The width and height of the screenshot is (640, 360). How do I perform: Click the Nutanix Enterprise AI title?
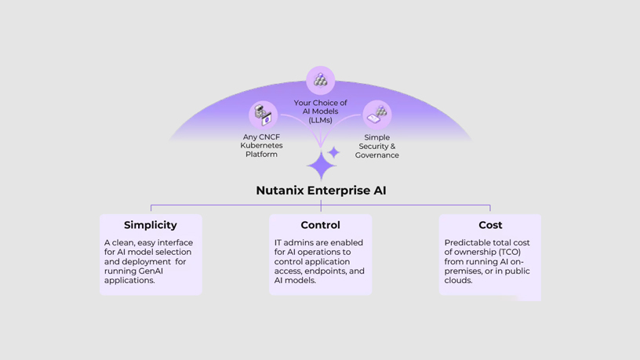[x=321, y=191]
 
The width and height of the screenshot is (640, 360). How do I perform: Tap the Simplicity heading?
[x=151, y=225]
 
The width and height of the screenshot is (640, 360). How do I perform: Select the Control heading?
[x=320, y=225]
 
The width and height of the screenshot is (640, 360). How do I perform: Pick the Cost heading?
[x=490, y=225]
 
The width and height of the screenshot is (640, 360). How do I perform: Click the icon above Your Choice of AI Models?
[x=320, y=80]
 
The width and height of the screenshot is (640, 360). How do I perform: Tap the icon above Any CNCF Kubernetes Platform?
[x=263, y=115]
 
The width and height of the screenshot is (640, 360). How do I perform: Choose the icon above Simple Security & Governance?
[x=377, y=115]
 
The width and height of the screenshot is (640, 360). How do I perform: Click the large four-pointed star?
[x=321, y=166]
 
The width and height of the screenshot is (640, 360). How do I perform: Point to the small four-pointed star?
[x=334, y=152]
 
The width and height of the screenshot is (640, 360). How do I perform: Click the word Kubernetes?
[x=261, y=146]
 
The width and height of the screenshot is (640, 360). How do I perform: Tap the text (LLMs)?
[x=320, y=120]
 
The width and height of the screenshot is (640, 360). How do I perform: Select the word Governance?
[x=377, y=155]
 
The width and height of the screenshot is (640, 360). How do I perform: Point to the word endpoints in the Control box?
[x=324, y=271]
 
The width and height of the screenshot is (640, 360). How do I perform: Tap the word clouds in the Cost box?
[x=458, y=280]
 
